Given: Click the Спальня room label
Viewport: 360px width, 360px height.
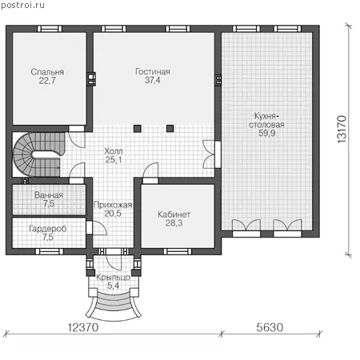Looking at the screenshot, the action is point(47,72).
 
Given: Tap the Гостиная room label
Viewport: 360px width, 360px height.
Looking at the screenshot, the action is point(153,71).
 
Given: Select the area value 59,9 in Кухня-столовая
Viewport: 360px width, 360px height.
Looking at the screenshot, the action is point(266,133).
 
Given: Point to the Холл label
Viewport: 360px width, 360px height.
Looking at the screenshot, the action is point(114,151).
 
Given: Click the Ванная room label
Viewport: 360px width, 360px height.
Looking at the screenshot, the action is point(49,195).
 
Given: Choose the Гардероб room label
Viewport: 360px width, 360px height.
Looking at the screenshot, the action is point(48,229).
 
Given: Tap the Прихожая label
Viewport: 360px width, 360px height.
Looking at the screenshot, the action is point(113,205).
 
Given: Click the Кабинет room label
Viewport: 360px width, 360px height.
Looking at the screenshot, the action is point(174,214).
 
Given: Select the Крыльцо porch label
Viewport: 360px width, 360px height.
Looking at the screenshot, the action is point(113,278).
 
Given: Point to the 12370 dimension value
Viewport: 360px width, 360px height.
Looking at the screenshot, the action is point(83,327).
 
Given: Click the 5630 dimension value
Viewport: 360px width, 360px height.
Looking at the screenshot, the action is point(270,327).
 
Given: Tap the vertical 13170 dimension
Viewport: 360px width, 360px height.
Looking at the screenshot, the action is point(342,129).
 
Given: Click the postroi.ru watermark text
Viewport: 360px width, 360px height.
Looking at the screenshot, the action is point(23,6).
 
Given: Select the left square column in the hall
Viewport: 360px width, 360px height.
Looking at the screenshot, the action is point(138,129).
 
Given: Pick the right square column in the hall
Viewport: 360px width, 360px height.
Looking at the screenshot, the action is point(170,129).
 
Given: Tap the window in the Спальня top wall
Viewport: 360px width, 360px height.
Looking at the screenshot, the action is point(50,29).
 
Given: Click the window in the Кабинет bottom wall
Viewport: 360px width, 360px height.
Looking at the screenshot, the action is point(178,251).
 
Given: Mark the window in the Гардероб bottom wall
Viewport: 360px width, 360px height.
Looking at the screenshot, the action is point(50,251).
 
